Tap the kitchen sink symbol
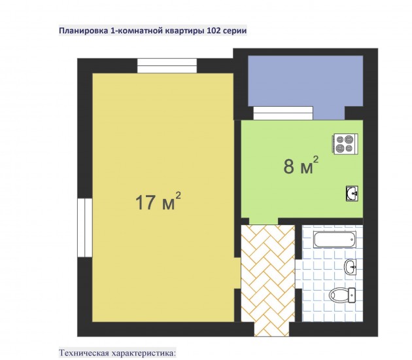click(x=352, y=194)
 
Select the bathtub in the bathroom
click(x=334, y=240)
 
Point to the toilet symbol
click(x=342, y=295)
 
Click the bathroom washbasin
click(x=350, y=267)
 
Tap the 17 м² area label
click(x=158, y=202)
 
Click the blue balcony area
click(x=305, y=81)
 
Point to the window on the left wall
click(x=85, y=228)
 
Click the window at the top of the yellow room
click(x=167, y=65)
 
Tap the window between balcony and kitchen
click(x=283, y=113)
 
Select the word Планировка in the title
click(x=83, y=31)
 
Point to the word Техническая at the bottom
click(x=84, y=353)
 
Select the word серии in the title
click(x=235, y=31)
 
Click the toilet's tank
click(x=352, y=295)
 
